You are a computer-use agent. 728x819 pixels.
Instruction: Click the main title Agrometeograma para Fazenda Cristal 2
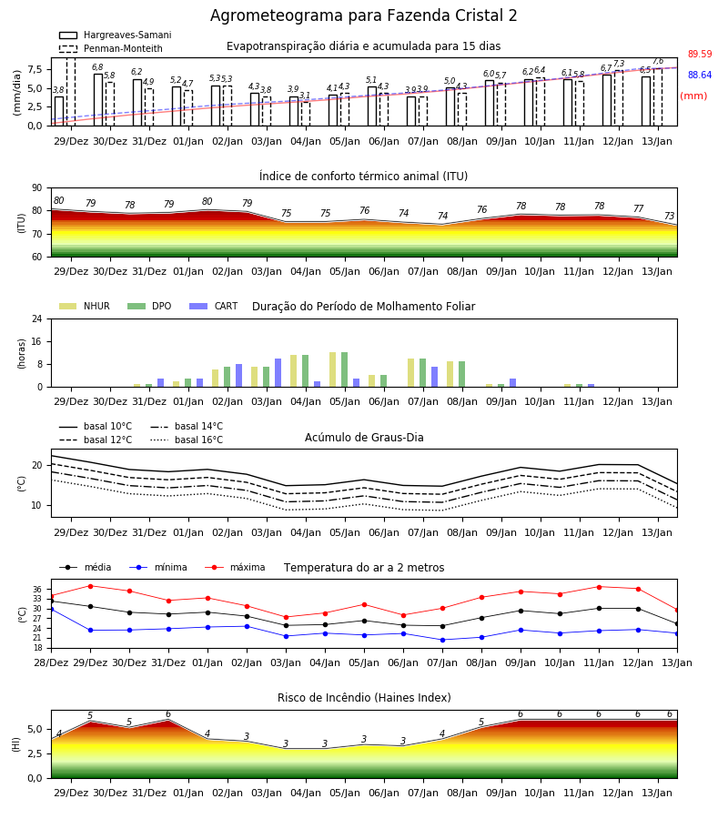point(363,15)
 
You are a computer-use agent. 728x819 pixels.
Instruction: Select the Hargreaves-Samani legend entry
point(115,35)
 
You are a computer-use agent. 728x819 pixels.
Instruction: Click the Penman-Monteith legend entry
point(111,48)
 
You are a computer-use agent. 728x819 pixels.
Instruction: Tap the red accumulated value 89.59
point(700,54)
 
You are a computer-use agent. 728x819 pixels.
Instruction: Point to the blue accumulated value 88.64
point(700,75)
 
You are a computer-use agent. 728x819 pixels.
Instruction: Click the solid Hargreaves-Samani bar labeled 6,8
point(98,100)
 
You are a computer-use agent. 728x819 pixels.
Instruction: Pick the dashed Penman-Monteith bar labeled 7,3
point(619,98)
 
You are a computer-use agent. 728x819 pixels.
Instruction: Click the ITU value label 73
point(669,216)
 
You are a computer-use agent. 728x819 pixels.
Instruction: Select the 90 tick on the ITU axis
point(37,188)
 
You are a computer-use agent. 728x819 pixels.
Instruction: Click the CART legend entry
point(214,306)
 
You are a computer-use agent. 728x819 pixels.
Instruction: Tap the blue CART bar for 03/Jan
point(278,373)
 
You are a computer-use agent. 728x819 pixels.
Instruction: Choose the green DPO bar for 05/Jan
point(345,369)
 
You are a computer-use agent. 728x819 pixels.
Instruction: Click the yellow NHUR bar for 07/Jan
point(411,373)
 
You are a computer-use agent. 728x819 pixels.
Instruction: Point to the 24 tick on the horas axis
point(37,319)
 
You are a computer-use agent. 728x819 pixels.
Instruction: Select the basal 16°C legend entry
point(187,440)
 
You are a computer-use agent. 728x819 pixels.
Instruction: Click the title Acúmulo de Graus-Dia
point(364,437)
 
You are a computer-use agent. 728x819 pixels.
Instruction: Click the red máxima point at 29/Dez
point(90,586)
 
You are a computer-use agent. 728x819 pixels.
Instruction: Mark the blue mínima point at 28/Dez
point(51,609)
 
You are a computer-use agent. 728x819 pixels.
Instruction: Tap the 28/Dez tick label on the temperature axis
point(51,662)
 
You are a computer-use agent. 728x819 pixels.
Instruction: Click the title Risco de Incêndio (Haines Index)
point(364,698)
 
